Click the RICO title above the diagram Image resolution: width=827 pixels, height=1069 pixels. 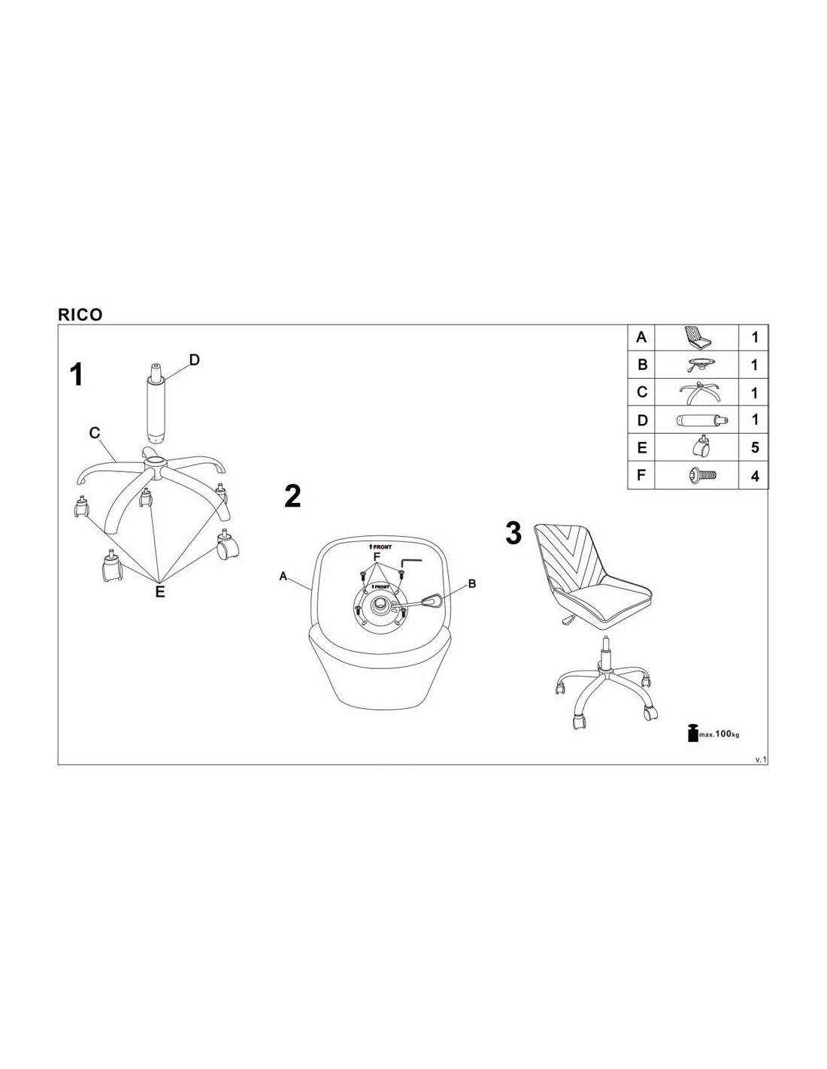tap(80, 315)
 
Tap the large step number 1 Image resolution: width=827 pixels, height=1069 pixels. tap(76, 374)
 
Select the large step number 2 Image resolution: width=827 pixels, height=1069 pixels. tap(292, 496)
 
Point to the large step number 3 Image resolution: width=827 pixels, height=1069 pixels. tap(513, 533)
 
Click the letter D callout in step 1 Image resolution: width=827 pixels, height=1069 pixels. tap(195, 360)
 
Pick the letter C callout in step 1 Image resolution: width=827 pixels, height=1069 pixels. tap(95, 433)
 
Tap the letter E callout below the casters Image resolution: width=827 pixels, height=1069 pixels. tap(160, 592)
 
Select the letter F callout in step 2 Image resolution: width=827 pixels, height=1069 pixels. tap(377, 557)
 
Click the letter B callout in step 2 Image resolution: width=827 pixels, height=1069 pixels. tap(472, 584)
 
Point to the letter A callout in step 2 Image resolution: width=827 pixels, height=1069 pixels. tap(283, 576)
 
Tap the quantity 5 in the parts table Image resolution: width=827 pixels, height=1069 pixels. tap(755, 447)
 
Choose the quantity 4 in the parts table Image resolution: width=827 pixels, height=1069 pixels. tap(755, 476)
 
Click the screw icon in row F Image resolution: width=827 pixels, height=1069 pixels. tap(701, 475)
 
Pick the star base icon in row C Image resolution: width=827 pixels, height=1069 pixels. tap(698, 392)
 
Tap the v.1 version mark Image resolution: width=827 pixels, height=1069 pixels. tap(761, 760)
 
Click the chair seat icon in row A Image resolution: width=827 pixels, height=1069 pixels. tap(698, 337)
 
